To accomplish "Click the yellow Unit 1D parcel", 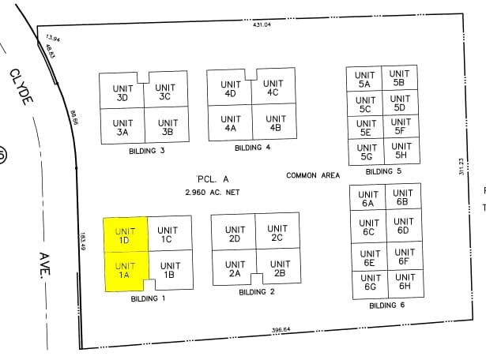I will pos(125,234).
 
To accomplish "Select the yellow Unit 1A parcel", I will pos(123,270).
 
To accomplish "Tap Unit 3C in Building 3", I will pos(165,92).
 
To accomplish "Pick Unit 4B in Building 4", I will pos(275,123).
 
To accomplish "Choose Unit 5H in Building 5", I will pos(401,151).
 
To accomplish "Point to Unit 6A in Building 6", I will pos(367,198).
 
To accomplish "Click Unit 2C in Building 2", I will pos(277,233).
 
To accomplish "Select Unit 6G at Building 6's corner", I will pos(369,283).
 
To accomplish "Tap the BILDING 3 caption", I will pos(147,150).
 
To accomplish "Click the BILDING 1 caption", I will pos(148,298).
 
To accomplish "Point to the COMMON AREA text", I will pos(313,175).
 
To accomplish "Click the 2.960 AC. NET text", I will pos(212,192).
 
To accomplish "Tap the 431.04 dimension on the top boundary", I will pos(262,24).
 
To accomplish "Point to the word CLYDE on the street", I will pos(21,87).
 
